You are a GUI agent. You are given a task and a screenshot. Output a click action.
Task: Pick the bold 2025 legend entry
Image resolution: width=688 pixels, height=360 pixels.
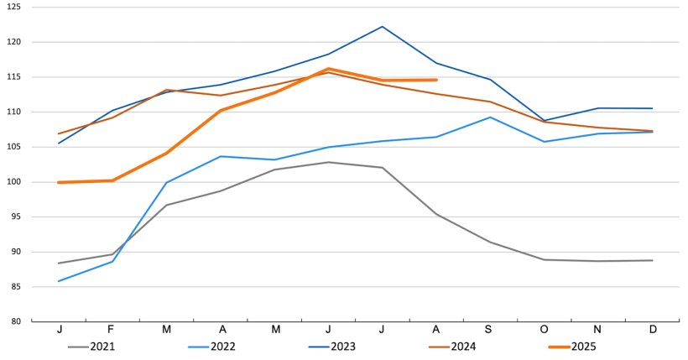582,347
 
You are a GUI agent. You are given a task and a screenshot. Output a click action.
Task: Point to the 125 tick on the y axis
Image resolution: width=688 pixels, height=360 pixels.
16,7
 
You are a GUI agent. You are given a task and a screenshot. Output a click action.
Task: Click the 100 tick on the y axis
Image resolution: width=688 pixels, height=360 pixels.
16,182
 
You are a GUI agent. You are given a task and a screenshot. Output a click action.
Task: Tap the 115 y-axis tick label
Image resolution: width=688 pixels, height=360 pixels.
16,77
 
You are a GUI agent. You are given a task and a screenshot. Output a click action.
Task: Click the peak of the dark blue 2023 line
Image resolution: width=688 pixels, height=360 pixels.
383,26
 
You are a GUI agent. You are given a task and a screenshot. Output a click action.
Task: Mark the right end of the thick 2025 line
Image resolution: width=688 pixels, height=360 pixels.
436,80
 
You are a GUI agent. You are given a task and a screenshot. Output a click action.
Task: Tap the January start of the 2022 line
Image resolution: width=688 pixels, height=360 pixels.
59,281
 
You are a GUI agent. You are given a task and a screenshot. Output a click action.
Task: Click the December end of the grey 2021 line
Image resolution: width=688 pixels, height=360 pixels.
652,260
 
